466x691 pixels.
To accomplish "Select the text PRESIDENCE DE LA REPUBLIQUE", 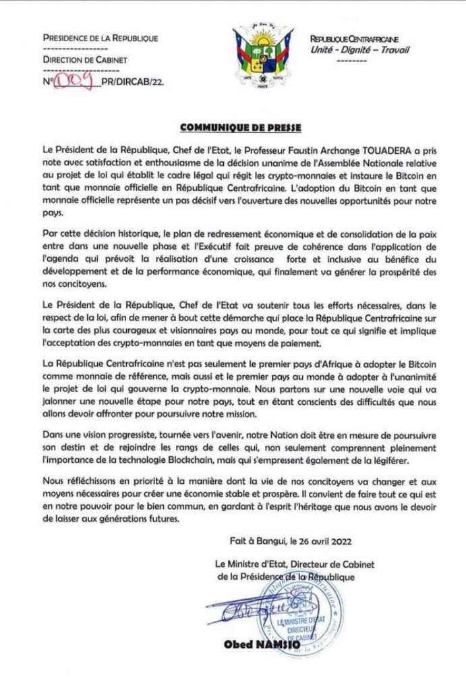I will (x=100, y=38).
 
